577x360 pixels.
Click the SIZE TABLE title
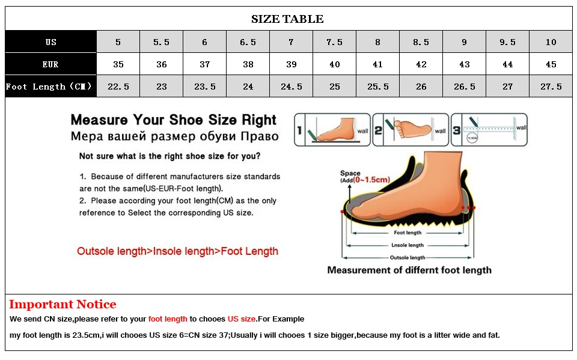pyautogui.click(x=287, y=19)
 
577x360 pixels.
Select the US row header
pyautogui.click(x=51, y=42)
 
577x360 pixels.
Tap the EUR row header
pyautogui.click(x=51, y=64)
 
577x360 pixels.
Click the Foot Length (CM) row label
pyautogui.click(x=50, y=87)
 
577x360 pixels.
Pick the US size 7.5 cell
pyautogui.click(x=335, y=42)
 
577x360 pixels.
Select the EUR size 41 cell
pyautogui.click(x=378, y=64)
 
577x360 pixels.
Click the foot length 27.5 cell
pyautogui.click(x=551, y=87)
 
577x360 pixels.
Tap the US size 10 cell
pyautogui.click(x=551, y=42)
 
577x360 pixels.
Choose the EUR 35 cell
pyautogui.click(x=118, y=64)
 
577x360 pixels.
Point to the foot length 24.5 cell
pyautogui.click(x=292, y=87)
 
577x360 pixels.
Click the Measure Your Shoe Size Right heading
pyautogui.click(x=174, y=120)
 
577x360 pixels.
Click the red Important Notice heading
pyautogui.click(x=63, y=305)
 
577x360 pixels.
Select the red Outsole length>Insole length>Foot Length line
pyautogui.click(x=177, y=251)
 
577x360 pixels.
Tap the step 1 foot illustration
pyautogui.click(x=332, y=129)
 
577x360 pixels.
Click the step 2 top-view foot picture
pyautogui.click(x=411, y=129)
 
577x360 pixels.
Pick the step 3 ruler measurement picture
pyautogui.click(x=489, y=129)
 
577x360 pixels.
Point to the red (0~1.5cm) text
pyautogui.click(x=372, y=180)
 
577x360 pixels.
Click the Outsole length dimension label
pyautogui.click(x=408, y=258)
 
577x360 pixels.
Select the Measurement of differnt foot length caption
pyautogui.click(x=409, y=270)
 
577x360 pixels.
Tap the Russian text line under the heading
pyautogui.click(x=175, y=136)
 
